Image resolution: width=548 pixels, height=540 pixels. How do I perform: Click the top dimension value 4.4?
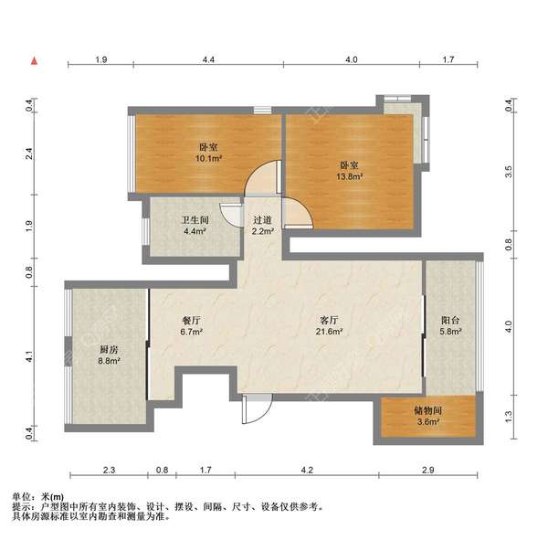[x=208, y=59]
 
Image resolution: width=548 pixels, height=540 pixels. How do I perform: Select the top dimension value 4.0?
[x=351, y=59]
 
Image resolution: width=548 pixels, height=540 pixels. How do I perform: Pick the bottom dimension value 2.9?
[x=427, y=470]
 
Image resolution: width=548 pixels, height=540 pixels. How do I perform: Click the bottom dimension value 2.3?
[x=109, y=470]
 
